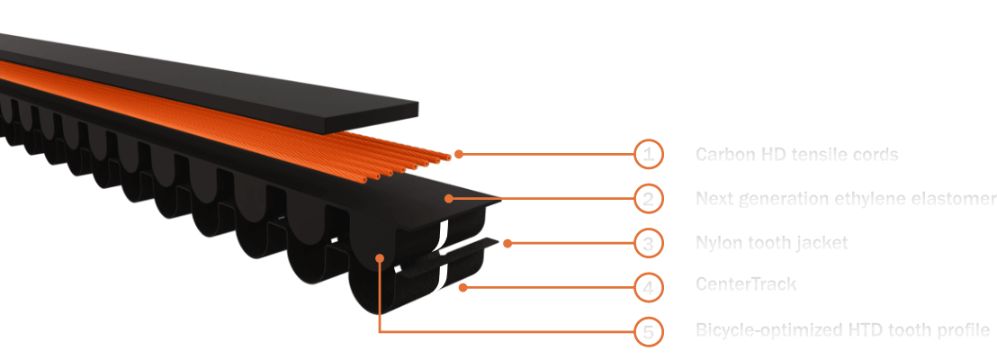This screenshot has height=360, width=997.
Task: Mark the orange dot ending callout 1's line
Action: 459,154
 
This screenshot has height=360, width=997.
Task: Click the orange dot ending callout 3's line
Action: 507,242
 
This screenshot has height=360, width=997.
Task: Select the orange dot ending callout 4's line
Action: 463,287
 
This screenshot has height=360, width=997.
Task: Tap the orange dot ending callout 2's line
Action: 448,198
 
